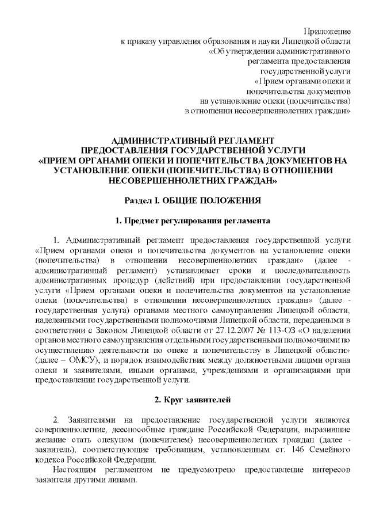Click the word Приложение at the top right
pos(328,30)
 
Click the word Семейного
pos(326,450)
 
